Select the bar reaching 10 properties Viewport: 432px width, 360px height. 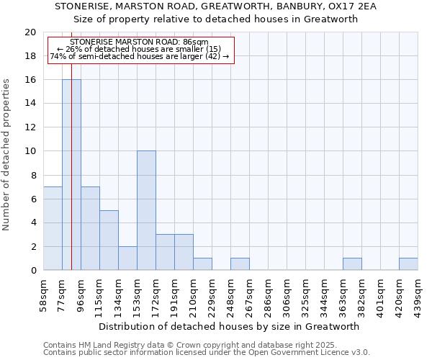pyautogui.click(x=146, y=210)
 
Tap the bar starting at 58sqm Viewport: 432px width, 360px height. pyautogui.click(x=53, y=228)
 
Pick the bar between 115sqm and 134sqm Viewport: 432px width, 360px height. pyautogui.click(x=109, y=240)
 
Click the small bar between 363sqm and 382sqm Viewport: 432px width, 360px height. pyautogui.click(x=352, y=264)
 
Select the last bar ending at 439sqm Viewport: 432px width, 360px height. pyautogui.click(x=408, y=264)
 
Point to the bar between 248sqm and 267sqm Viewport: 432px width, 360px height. pyautogui.click(x=240, y=264)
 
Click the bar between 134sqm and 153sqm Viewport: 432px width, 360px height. pyautogui.click(x=127, y=258)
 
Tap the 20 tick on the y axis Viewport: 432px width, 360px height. pyautogui.click(x=30, y=32)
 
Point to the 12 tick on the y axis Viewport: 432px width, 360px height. pyautogui.click(x=30, y=127)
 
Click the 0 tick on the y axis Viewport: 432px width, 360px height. pyautogui.click(x=32, y=271)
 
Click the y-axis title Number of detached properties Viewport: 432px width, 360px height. pyautogui.click(x=6, y=151)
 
